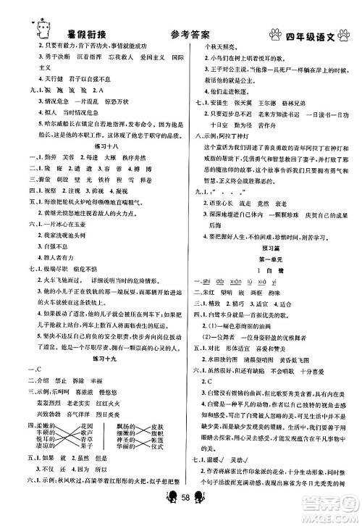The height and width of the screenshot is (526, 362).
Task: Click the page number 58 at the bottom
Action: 182,514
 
